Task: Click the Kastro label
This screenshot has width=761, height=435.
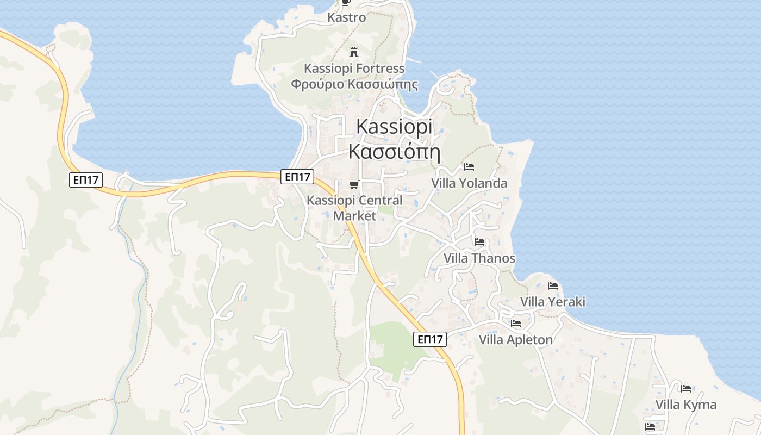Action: click(x=346, y=17)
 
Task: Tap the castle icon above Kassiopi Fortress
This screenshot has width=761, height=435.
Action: click(x=354, y=52)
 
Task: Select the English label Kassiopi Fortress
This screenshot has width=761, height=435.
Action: click(x=354, y=69)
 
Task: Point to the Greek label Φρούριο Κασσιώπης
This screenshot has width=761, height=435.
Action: click(x=354, y=84)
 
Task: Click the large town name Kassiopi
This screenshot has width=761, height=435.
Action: click(x=394, y=127)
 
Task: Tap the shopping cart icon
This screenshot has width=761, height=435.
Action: click(x=354, y=184)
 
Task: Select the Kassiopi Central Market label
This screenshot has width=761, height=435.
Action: click(x=354, y=208)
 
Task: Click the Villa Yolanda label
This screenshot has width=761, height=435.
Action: click(x=469, y=183)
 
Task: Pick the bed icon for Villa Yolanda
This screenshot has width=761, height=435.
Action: click(x=469, y=166)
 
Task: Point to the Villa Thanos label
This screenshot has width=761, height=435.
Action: click(x=479, y=258)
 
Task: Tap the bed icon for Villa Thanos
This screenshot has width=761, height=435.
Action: click(x=479, y=241)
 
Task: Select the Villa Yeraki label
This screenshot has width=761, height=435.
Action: click(x=553, y=302)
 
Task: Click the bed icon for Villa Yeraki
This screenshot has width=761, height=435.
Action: click(x=553, y=285)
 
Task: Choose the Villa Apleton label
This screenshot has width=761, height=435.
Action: click(x=515, y=340)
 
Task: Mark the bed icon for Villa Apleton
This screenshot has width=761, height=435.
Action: click(x=515, y=324)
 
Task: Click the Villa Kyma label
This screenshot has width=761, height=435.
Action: click(x=686, y=405)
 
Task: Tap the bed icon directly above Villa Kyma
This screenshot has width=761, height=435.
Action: click(x=686, y=388)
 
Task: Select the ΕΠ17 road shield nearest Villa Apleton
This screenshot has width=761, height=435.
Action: click(x=429, y=339)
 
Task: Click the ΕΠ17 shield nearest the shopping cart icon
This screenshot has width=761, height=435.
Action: click(x=298, y=176)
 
